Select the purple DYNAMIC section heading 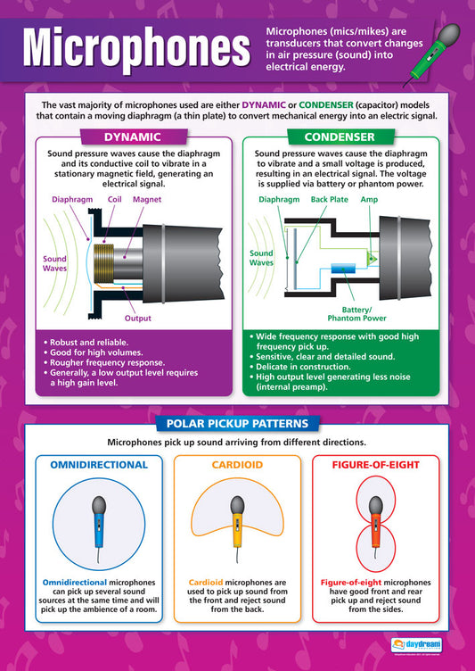133,137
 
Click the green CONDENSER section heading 340,137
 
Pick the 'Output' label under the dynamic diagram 137,318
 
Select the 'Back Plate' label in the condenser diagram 330,201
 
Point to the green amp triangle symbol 372,258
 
